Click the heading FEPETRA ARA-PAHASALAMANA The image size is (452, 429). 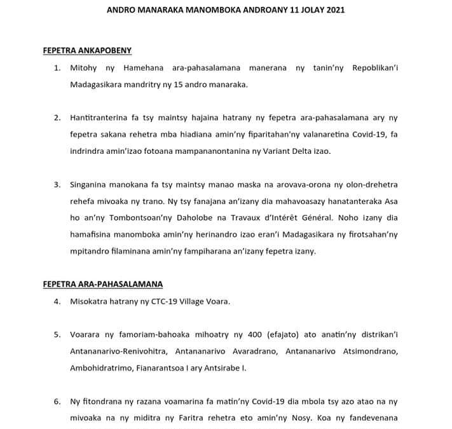pyautogui.click(x=102, y=284)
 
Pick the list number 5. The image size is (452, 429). pyautogui.click(x=57, y=334)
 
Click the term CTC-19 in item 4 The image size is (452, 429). pyautogui.click(x=164, y=301)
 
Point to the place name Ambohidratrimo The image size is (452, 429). pyautogui.click(x=100, y=367)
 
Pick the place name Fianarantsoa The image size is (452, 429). pyautogui.click(x=166, y=367)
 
